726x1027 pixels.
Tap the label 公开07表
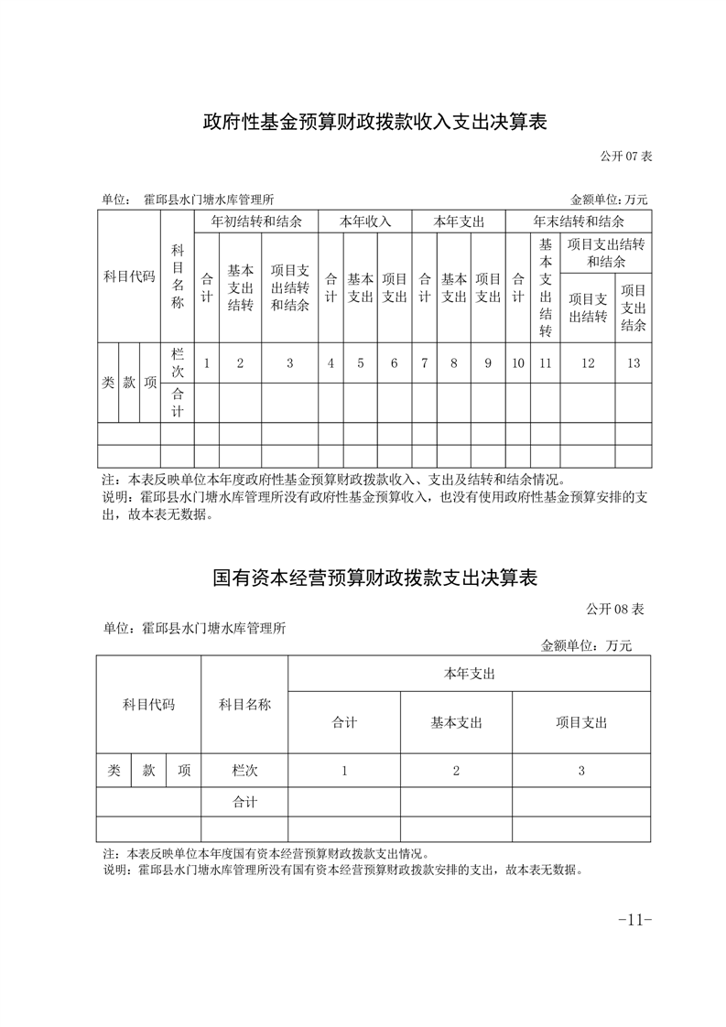(626, 156)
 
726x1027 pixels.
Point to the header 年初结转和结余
(256, 222)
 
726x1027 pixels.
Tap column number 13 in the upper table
(634, 363)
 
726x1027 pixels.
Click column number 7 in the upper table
(425, 363)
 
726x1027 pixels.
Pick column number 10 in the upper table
(518, 363)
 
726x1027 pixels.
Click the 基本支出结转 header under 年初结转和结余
(241, 287)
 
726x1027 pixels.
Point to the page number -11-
(634, 919)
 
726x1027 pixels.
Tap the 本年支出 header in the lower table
(469, 673)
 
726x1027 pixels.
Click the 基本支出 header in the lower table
(456, 722)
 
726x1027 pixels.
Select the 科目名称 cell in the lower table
(244, 705)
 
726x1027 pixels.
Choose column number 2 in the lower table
(456, 771)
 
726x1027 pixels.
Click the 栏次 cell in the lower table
(244, 771)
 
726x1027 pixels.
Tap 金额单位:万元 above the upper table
(609, 199)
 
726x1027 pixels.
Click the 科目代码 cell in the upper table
(129, 276)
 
